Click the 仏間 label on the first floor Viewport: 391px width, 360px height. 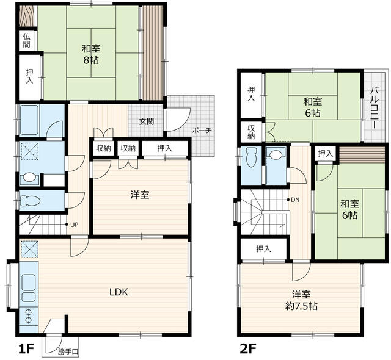[26, 41]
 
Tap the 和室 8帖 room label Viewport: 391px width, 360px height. [91, 54]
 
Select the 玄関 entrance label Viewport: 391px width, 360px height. [147, 122]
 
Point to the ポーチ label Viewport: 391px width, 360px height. [202, 130]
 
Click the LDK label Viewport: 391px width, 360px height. [119, 292]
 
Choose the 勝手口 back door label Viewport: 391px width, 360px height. [68, 352]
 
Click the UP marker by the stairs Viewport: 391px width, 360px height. [75, 225]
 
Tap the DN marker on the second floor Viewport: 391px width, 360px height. [295, 200]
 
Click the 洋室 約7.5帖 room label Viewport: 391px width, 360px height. [301, 300]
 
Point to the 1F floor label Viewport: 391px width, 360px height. [26, 349]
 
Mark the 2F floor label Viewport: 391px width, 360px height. [248, 349]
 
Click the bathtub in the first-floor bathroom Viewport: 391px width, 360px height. [29, 120]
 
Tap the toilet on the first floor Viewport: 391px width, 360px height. [30, 201]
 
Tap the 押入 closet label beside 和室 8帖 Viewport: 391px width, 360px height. [30, 76]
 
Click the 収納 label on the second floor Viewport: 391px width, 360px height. [251, 132]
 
